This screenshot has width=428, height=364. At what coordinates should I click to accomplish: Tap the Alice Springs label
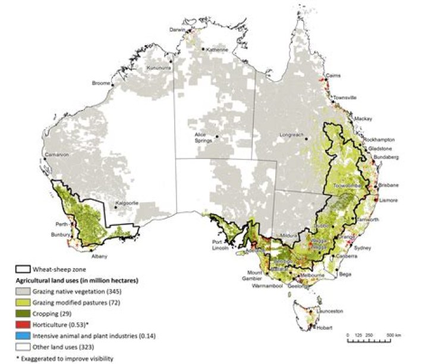(204, 138)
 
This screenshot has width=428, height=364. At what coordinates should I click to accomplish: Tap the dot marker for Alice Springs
(218, 137)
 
